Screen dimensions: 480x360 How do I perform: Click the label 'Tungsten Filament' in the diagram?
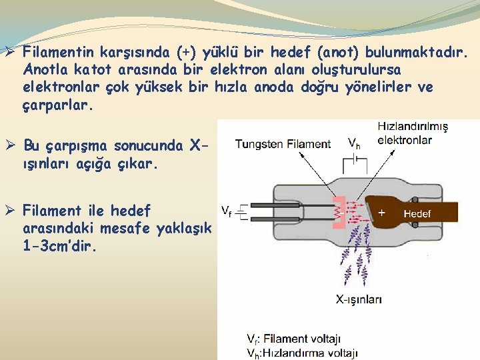pyautogui.click(x=283, y=143)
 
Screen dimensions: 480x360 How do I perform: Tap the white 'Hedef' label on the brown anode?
pyautogui.click(x=417, y=213)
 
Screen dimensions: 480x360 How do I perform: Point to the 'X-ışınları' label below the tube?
pyautogui.click(x=359, y=300)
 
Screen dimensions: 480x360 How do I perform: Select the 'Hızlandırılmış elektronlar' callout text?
pyautogui.click(x=413, y=133)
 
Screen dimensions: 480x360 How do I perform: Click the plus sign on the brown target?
pyautogui.click(x=382, y=212)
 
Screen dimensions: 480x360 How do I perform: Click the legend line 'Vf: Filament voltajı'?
pyautogui.click(x=293, y=339)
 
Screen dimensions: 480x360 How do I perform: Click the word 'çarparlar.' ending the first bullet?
pyautogui.click(x=55, y=105)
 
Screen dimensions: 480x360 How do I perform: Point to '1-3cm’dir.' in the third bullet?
pyautogui.click(x=59, y=247)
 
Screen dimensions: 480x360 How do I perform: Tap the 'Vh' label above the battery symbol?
pyautogui.click(x=355, y=142)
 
